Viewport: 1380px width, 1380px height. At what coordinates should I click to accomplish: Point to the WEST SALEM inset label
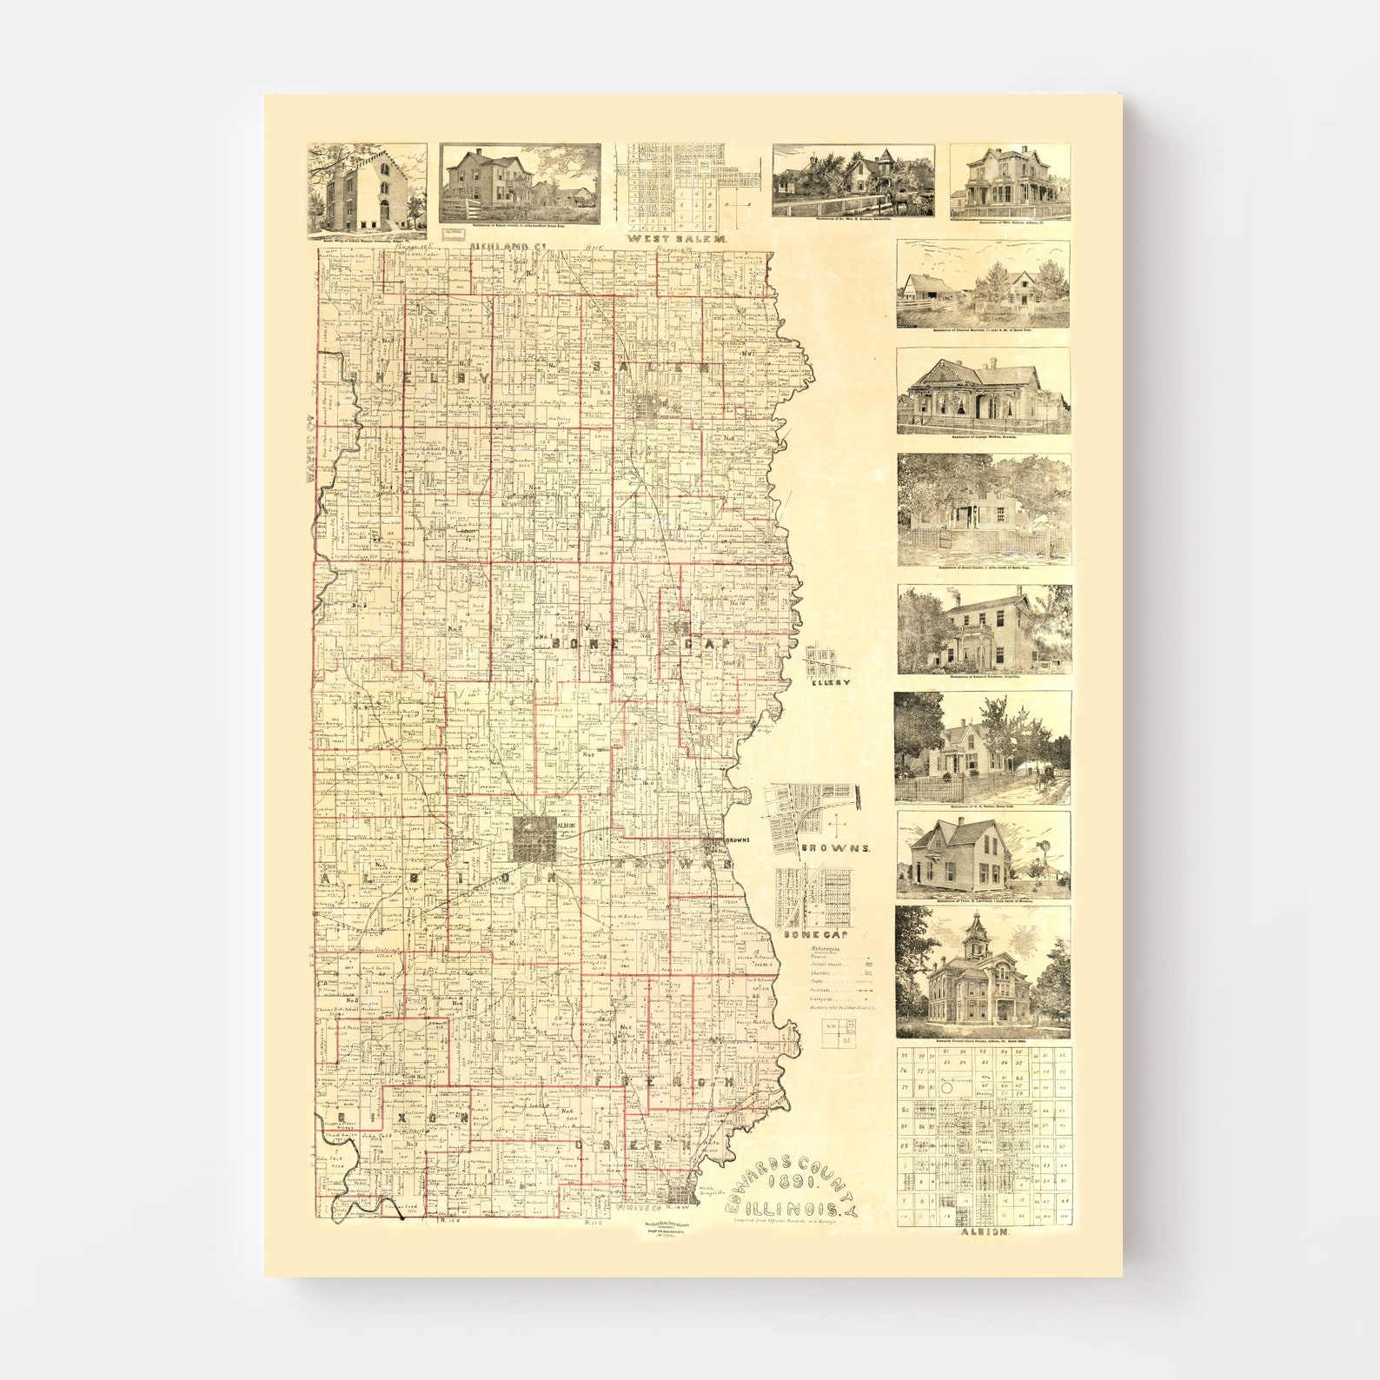pyautogui.click(x=678, y=237)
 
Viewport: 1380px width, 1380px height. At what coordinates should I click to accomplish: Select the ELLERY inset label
pyautogui.click(x=830, y=682)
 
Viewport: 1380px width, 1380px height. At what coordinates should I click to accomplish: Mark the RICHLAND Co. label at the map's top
pyautogui.click(x=500, y=247)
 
